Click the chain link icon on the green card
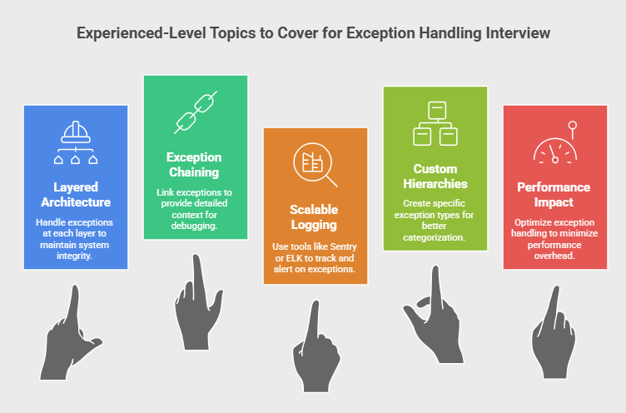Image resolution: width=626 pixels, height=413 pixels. (196, 112)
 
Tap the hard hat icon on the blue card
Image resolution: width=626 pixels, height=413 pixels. (76, 142)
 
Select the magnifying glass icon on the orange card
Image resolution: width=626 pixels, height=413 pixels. (315, 165)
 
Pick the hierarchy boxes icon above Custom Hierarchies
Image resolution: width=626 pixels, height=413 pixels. (435, 123)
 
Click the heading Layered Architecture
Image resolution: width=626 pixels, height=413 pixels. (76, 195)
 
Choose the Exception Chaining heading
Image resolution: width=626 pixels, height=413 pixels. (194, 165)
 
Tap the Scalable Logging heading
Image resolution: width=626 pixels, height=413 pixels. (314, 216)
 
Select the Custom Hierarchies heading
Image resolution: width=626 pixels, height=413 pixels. (435, 177)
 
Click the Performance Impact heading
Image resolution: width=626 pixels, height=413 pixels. (554, 195)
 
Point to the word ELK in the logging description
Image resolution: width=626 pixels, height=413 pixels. (294, 258)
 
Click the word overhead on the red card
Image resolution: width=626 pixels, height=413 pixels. (554, 256)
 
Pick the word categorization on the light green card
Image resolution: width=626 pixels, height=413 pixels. (434, 237)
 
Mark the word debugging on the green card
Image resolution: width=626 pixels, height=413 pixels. (195, 226)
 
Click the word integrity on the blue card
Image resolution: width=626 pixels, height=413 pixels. (74, 256)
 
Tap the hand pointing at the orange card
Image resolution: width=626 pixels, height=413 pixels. (316, 346)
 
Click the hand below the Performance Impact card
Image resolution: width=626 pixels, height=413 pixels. (554, 332)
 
